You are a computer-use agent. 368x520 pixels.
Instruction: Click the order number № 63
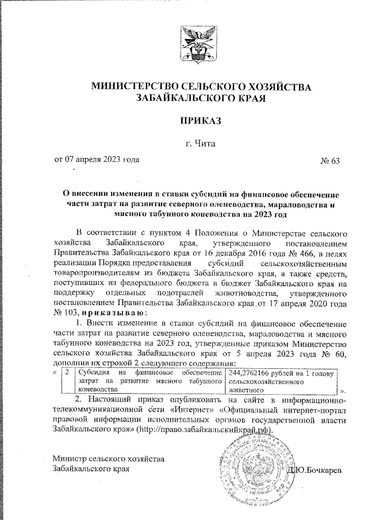[x=330, y=160]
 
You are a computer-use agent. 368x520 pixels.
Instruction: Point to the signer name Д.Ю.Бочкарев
[x=316, y=470]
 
